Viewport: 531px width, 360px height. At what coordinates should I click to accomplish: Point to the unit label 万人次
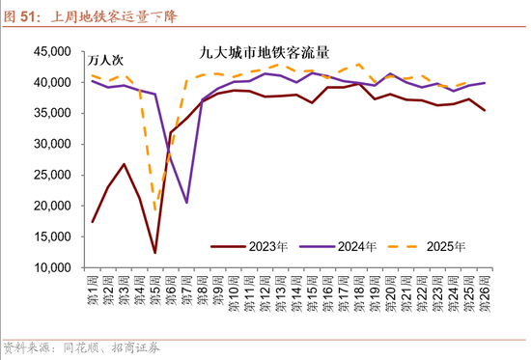107,60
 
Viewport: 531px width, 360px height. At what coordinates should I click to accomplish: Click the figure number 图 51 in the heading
22,14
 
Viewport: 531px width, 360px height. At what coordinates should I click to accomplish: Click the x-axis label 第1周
93,291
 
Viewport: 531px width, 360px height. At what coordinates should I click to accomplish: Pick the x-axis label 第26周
484,292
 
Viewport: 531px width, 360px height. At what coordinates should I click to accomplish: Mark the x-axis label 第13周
280,292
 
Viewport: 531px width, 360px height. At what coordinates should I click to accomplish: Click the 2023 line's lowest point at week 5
154,253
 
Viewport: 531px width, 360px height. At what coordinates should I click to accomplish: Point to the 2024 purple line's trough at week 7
186,203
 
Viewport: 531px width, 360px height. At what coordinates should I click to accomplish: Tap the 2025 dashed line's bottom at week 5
154,211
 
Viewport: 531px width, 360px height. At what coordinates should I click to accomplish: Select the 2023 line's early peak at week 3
124,164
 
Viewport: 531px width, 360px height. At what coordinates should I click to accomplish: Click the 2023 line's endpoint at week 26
484,110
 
